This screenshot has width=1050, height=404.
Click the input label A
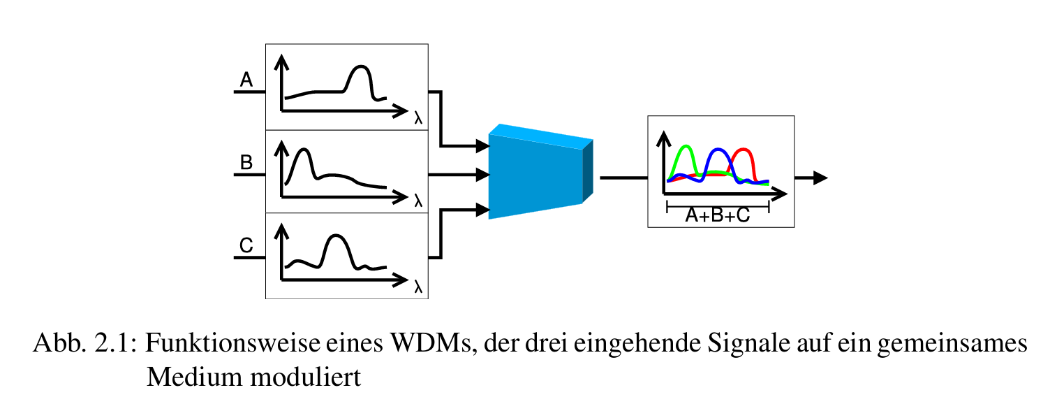point(246,80)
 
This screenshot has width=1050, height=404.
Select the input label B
point(246,164)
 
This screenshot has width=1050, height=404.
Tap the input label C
point(246,246)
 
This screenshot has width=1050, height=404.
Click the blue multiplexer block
point(536,175)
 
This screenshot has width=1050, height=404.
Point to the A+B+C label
point(717,216)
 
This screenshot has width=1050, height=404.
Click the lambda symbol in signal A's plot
point(418,118)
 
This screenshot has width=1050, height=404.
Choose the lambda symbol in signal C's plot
point(418,287)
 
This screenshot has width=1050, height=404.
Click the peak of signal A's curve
point(360,66)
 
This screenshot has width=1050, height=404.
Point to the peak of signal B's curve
point(303,150)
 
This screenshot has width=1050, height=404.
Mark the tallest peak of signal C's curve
point(337,236)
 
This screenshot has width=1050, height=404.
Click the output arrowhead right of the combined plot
point(820,178)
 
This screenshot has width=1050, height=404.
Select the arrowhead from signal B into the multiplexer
point(482,174)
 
